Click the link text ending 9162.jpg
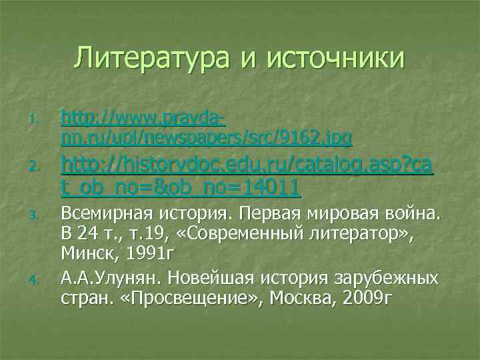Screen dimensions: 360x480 pos(206,137)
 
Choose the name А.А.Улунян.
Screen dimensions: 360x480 pos(107,277)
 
